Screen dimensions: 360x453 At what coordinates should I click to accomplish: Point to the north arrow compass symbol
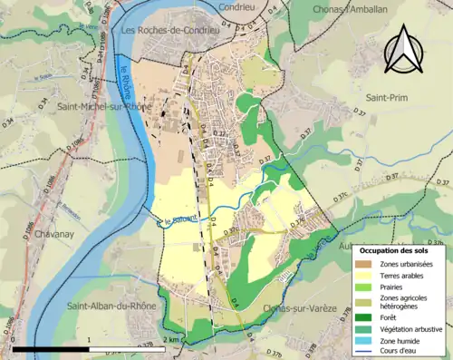400,50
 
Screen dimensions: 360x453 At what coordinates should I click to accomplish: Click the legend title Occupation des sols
400,249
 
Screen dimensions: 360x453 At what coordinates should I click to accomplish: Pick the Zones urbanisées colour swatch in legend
366,264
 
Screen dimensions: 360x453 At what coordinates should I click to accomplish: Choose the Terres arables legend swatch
366,276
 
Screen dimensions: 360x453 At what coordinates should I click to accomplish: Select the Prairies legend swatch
366,287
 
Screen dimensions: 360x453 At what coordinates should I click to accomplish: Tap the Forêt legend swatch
366,316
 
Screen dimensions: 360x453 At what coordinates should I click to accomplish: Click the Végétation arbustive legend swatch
366,327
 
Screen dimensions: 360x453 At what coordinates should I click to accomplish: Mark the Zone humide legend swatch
366,339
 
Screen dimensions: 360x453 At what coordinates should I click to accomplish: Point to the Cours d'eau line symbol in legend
366,350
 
